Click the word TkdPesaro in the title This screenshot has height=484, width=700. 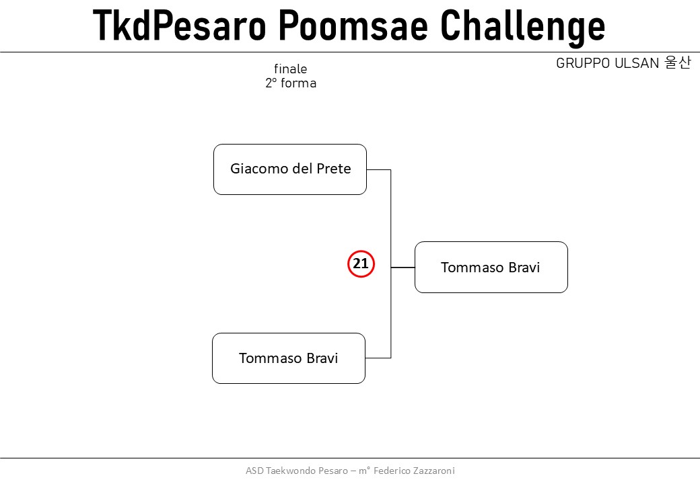[x=180, y=25]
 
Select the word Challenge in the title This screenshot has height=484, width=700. [x=523, y=27]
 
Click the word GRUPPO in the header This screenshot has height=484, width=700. [x=583, y=63]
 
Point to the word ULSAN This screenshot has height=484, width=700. [x=637, y=63]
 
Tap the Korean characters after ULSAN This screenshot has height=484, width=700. [x=678, y=63]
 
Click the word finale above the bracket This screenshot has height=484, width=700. [x=291, y=69]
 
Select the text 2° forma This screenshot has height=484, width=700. [x=291, y=83]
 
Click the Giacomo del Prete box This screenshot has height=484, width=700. [x=290, y=169]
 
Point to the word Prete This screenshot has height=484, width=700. [x=333, y=169]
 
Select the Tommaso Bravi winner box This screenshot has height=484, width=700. [x=491, y=268]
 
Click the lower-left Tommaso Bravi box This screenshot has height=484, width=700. [x=289, y=358]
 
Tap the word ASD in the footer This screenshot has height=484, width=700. [x=254, y=471]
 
